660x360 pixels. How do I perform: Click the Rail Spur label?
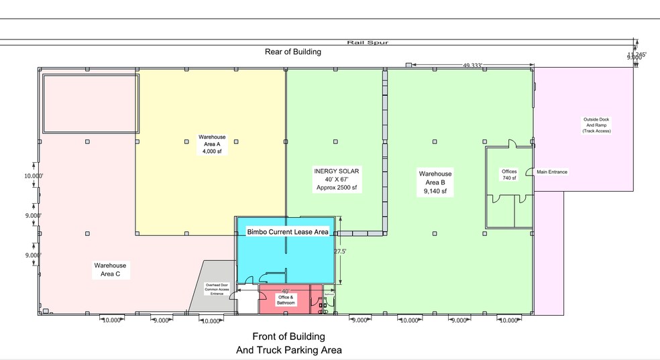tap(367, 42)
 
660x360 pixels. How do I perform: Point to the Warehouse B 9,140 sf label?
tap(435, 182)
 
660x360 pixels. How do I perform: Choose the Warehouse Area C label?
tap(111, 269)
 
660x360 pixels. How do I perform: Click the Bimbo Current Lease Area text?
tap(287, 232)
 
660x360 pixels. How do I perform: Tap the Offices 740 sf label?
tap(509, 174)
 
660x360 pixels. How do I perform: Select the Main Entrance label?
tap(551, 172)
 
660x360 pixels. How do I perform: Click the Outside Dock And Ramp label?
tap(596, 125)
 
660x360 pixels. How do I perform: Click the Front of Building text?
tap(288, 337)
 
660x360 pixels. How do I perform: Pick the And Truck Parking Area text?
tap(288, 350)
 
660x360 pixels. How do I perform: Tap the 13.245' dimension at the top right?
tap(637, 54)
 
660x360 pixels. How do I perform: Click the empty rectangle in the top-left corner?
tap(91, 103)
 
